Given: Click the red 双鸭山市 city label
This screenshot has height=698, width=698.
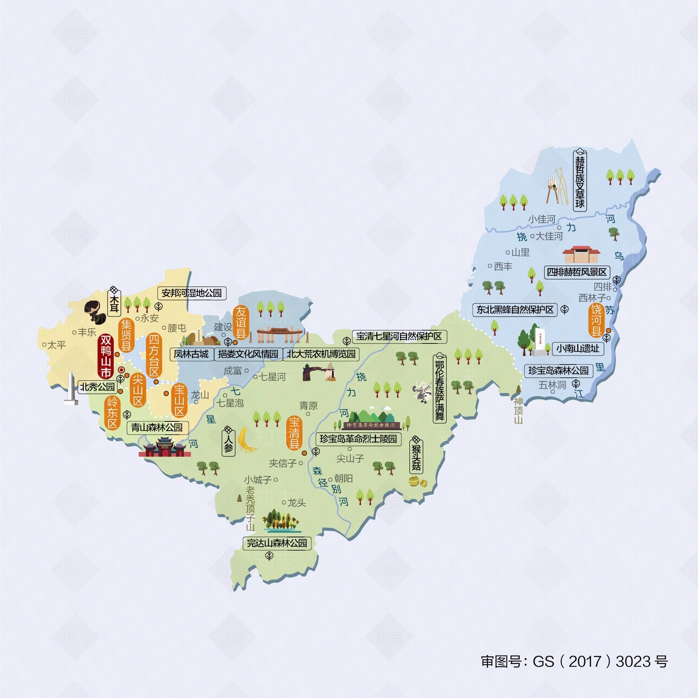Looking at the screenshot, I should tap(106, 356).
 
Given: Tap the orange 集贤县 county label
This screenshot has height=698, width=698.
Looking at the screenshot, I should tap(126, 335).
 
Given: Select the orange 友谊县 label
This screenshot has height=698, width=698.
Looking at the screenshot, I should tap(241, 323).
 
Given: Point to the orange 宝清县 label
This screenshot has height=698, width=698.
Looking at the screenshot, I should tap(294, 433).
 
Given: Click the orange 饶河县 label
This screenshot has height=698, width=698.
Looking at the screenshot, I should tap(596, 321).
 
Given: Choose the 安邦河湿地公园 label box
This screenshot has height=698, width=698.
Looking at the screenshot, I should tap(192, 293).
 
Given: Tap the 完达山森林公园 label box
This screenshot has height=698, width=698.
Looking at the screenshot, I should tap(277, 543).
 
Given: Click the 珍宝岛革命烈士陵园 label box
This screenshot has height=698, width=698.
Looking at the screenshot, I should tap(358, 439).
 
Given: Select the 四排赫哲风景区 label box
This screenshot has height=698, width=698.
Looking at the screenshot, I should tap(577, 272).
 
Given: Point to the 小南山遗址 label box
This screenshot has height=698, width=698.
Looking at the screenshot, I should tap(578, 349).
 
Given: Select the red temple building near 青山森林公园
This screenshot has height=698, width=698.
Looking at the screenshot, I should tap(164, 448).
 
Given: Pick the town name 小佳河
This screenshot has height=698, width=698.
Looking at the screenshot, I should tap(541, 219).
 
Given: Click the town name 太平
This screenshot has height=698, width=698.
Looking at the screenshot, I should tap(56, 345).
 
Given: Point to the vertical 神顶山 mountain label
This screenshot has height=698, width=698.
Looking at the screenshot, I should tap(518, 410).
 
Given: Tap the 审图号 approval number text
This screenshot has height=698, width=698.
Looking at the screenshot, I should tap(574, 661).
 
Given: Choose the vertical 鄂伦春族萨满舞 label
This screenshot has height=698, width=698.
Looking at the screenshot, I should tap(439, 390).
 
